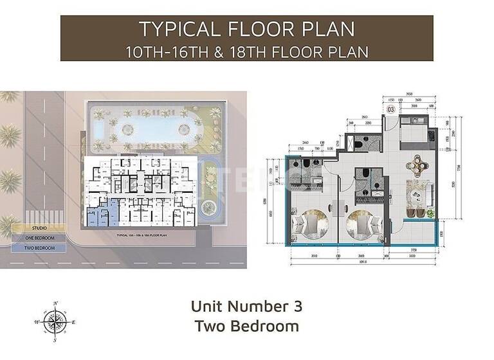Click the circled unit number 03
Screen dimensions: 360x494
[x=390, y=110]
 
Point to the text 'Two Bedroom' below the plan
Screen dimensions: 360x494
[x=246, y=325]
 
